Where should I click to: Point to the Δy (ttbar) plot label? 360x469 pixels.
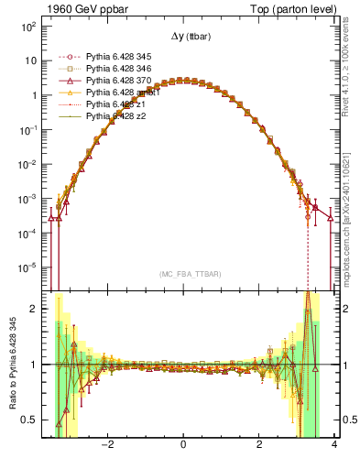184,37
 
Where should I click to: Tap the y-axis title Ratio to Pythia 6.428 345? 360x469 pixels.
13,365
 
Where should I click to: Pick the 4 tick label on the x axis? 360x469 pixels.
334,445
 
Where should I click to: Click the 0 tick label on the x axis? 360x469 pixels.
184,445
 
